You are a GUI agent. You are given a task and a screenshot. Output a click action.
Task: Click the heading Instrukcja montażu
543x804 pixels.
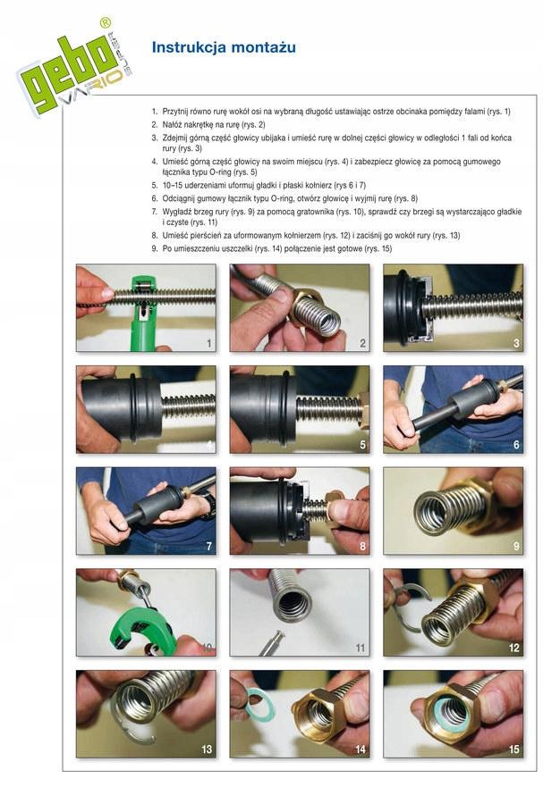(x=223, y=47)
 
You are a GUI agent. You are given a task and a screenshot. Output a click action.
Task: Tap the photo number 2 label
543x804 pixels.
(x=362, y=343)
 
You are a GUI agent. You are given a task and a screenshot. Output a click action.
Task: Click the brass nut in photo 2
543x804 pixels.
(x=310, y=301)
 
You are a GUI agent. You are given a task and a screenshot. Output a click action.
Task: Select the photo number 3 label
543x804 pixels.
(x=516, y=343)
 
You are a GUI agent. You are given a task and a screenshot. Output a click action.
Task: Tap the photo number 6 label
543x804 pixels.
(x=516, y=445)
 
